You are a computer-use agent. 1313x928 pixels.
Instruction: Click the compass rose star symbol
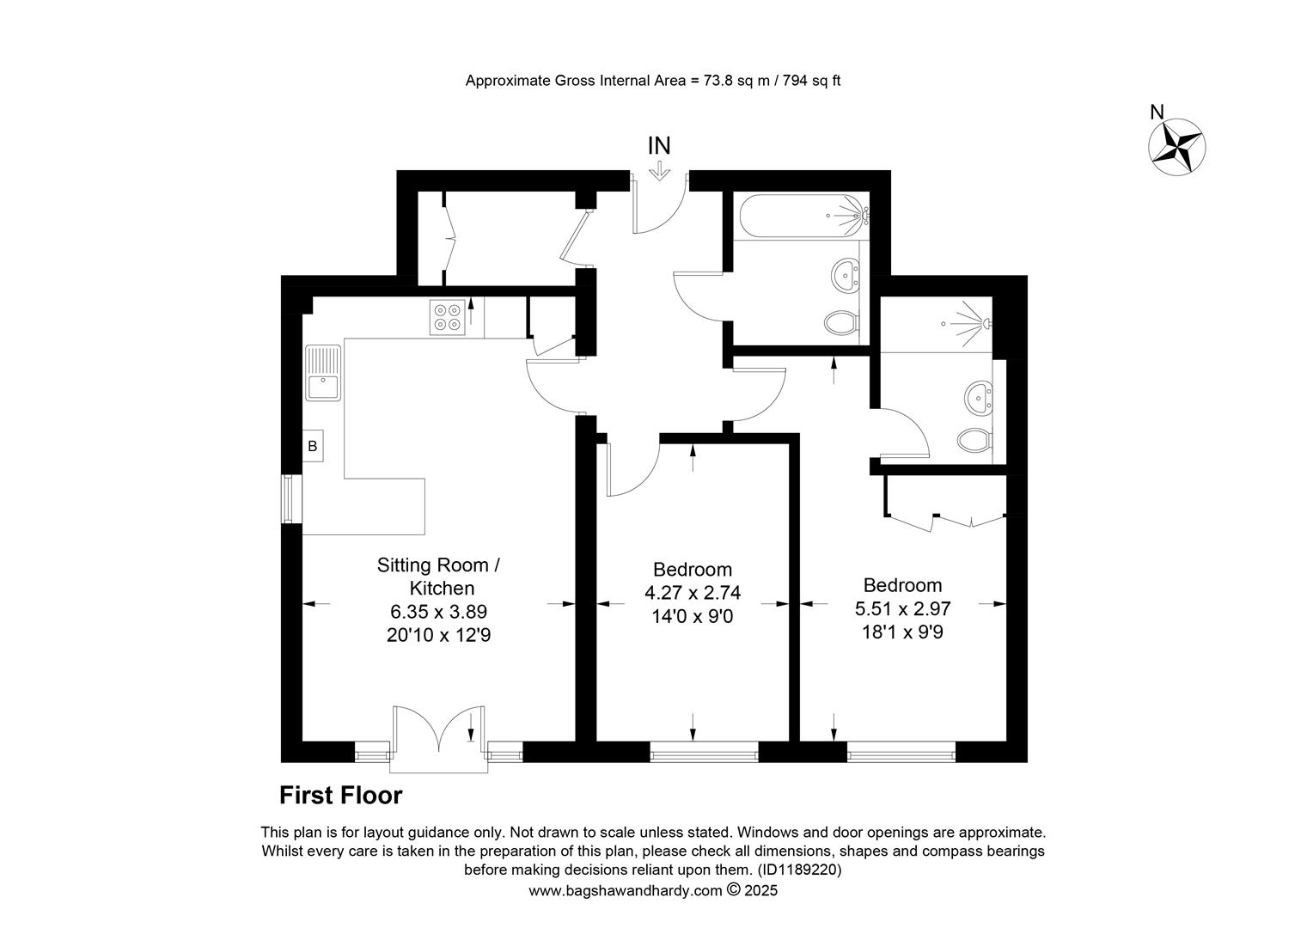pyautogui.click(x=1176, y=147)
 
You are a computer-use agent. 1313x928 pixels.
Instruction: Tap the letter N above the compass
pyautogui.click(x=1157, y=112)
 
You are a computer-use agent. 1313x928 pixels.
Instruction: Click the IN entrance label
pyautogui.click(x=659, y=145)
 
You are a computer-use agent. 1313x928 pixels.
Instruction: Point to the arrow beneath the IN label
pyautogui.click(x=659, y=170)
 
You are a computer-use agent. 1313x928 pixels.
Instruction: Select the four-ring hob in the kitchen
pyautogui.click(x=447, y=317)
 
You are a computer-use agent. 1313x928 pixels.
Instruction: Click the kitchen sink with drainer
pyautogui.click(x=322, y=373)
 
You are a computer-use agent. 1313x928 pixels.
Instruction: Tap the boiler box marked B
pyautogui.click(x=313, y=446)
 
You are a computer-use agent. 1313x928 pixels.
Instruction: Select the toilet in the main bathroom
pyautogui.click(x=842, y=323)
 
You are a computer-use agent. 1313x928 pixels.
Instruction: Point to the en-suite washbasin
pyautogui.click(x=978, y=398)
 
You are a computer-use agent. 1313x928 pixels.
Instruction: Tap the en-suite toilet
pyautogui.click(x=974, y=440)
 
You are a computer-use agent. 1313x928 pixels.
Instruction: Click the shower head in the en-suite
pyautogui.click(x=987, y=322)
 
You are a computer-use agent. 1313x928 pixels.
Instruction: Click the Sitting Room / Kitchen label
pyautogui.click(x=438, y=577)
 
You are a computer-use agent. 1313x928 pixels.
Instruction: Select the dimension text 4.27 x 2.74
pyautogui.click(x=693, y=593)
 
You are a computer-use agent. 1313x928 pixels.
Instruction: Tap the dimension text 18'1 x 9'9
pyautogui.click(x=902, y=632)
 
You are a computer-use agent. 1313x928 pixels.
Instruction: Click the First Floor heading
pyautogui.click(x=340, y=796)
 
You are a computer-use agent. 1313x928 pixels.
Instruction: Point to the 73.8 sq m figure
pyautogui.click(x=736, y=81)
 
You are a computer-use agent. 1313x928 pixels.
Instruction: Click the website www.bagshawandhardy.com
pyautogui.click(x=626, y=891)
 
